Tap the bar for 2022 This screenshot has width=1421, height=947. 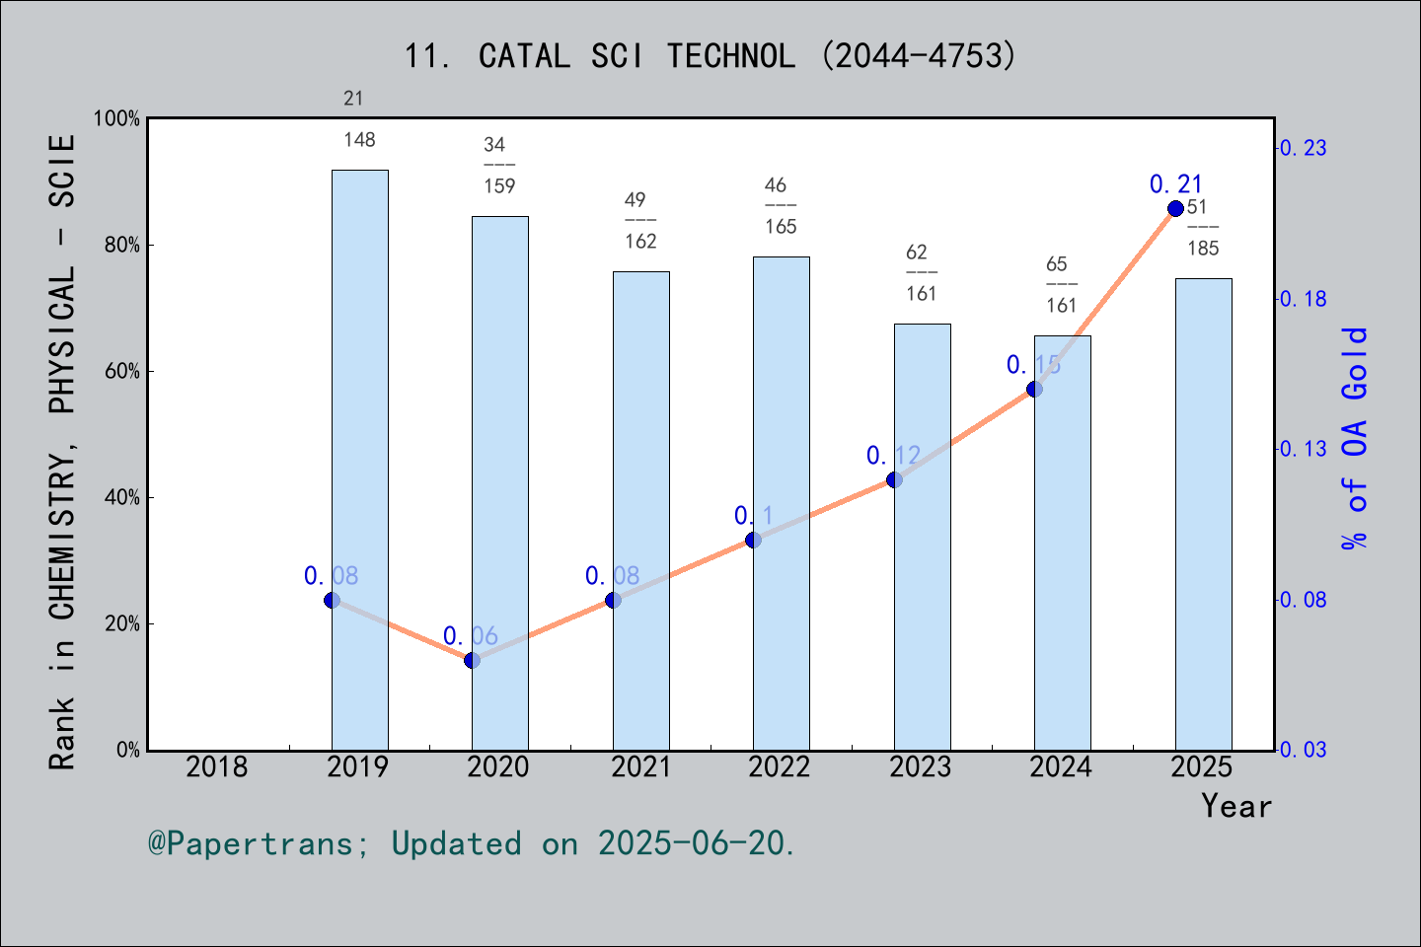(781, 503)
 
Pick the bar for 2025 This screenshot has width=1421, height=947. (1203, 514)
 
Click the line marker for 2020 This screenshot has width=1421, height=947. (472, 660)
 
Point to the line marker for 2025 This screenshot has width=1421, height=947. (1175, 208)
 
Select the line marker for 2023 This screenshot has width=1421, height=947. (894, 479)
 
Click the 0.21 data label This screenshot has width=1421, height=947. (1175, 183)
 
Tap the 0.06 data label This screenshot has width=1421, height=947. (470, 636)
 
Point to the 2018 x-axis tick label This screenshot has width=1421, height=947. (217, 766)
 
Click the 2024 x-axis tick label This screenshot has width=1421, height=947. (1061, 766)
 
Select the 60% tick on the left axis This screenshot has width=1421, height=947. (122, 372)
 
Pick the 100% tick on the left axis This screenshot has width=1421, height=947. (117, 119)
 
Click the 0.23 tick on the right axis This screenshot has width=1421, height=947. (1303, 148)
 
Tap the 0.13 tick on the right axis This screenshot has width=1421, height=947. (1303, 449)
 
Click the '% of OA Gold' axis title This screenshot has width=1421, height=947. (1355, 438)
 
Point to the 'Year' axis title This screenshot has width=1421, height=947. (1236, 806)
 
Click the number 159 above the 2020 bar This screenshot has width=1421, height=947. (499, 186)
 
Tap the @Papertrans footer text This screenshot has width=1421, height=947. (472, 843)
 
